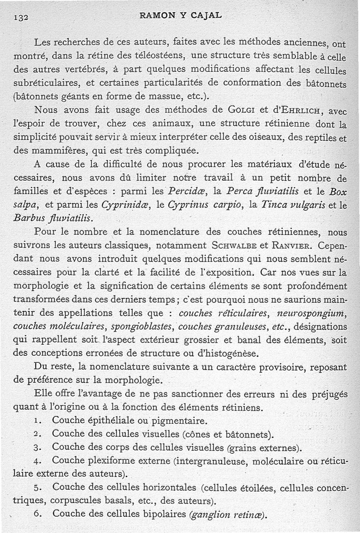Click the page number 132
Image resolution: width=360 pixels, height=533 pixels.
(x=21, y=17)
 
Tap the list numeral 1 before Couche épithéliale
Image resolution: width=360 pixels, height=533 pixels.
(x=38, y=421)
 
